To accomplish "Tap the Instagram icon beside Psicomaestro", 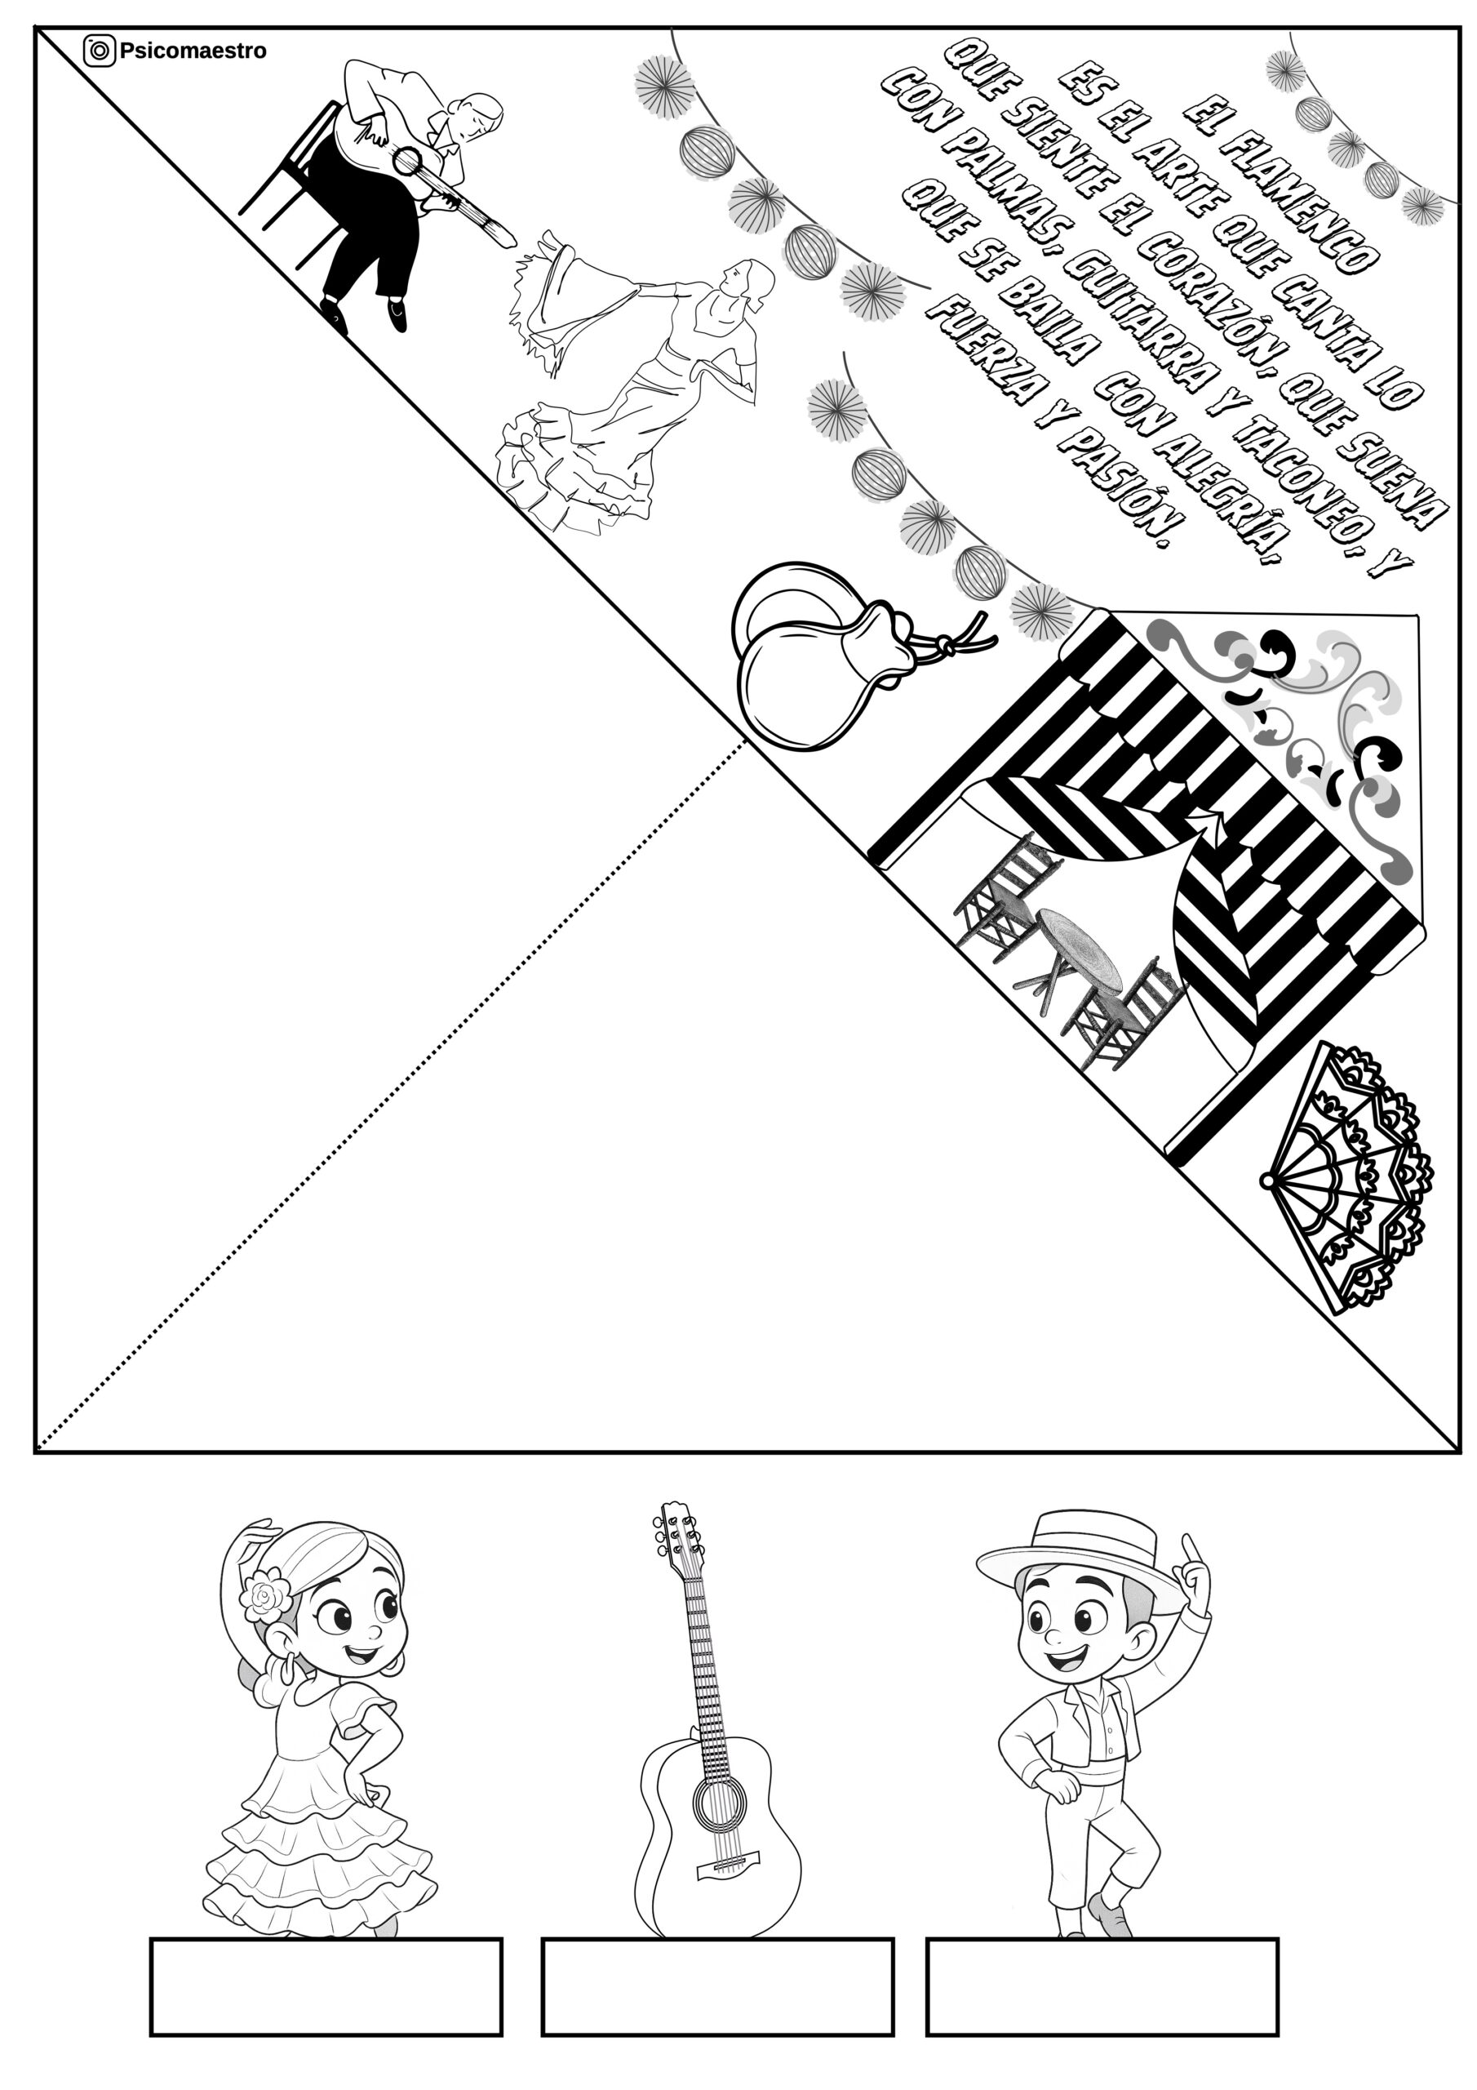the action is (x=100, y=51).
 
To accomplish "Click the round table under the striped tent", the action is (x=1080, y=947).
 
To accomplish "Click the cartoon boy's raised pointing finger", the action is (x=1191, y=1545).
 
